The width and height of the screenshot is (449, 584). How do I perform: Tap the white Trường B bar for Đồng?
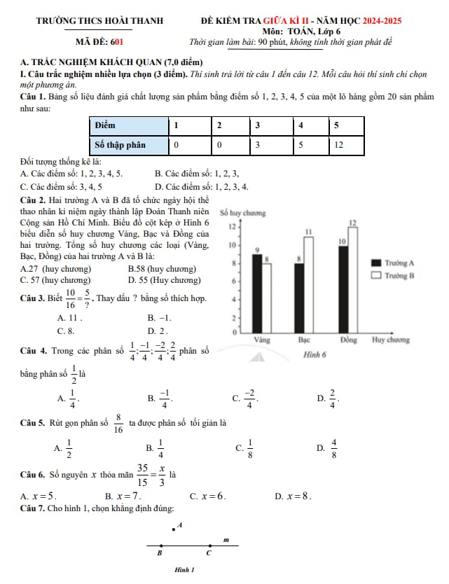(352, 281)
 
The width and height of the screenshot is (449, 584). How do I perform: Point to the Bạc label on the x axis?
(304, 340)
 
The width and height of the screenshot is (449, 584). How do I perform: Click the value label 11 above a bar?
(308, 231)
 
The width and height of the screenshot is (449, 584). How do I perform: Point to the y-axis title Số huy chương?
(237, 213)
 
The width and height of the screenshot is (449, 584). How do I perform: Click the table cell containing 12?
(338, 145)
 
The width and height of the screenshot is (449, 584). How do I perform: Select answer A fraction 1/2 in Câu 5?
(67, 447)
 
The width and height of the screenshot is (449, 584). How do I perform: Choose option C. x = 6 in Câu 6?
(208, 496)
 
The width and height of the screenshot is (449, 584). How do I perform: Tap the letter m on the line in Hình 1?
(226, 539)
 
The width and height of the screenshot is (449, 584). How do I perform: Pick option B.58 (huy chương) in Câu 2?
(162, 269)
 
